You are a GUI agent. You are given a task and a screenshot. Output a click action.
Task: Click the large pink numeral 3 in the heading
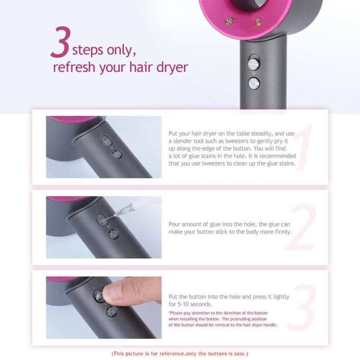pos(61,45)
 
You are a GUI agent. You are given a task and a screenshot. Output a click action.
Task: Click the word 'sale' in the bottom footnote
pos(238,354)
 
